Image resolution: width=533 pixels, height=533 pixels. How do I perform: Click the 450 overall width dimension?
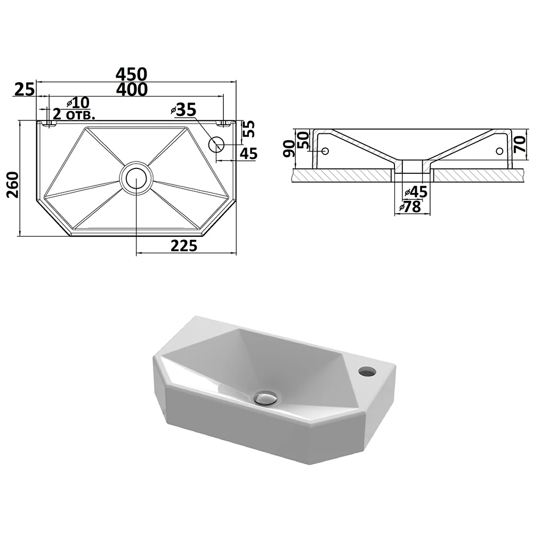pos(132,74)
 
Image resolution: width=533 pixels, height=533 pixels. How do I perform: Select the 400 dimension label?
pos(132,90)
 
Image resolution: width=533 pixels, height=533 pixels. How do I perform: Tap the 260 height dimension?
pos(13,184)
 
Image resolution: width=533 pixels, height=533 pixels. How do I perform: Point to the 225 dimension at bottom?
pos(183,246)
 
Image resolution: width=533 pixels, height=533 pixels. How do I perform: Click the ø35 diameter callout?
pos(183,110)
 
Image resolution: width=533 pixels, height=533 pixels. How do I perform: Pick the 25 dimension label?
pos(25,90)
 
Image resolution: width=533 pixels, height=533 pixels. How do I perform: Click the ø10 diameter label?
pos(78,102)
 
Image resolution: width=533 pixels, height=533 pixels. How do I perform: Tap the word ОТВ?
pos(80,115)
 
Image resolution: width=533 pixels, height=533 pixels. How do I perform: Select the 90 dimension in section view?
pos(289,148)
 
